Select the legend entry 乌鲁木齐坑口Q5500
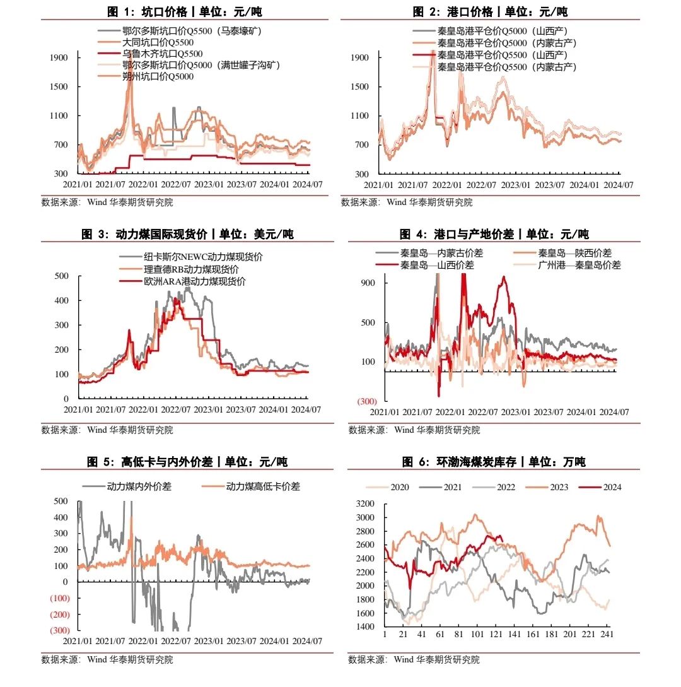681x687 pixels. coord(162,54)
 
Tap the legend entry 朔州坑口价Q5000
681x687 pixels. coord(158,76)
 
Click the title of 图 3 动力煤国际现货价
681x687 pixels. coord(187,235)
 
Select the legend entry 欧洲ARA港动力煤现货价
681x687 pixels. coord(195,281)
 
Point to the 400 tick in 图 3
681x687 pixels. coord(62,300)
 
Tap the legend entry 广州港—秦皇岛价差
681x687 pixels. coord(579,266)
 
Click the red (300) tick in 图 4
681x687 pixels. coord(367,401)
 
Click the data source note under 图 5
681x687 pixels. coord(107,660)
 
